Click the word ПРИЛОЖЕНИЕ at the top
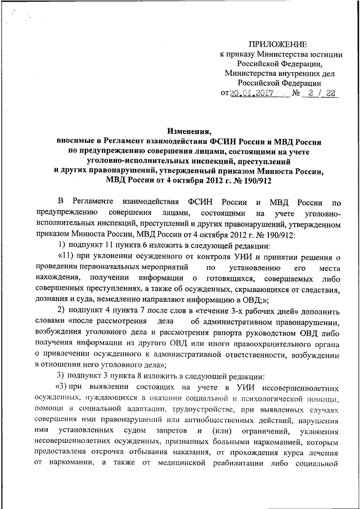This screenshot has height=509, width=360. click(279, 44)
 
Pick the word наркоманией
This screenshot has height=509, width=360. click(260, 443)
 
